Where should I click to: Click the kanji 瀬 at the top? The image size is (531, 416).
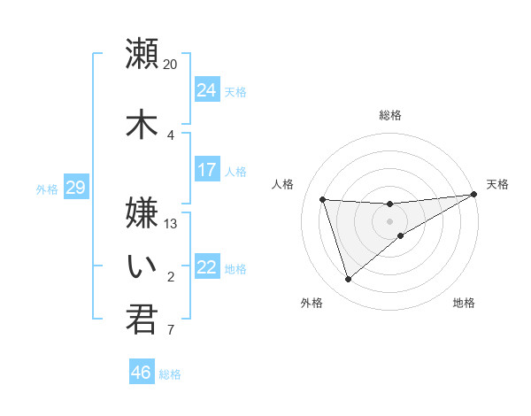[142, 53]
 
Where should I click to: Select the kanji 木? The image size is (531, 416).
[142, 124]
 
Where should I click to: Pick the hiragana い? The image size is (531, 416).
[142, 266]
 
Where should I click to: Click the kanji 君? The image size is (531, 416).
[142, 319]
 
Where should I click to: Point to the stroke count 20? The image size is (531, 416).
[171, 65]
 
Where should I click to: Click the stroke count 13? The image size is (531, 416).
[171, 223]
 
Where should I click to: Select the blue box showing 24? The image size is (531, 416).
[207, 90]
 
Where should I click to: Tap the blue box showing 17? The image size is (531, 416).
[207, 170]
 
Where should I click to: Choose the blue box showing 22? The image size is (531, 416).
[207, 267]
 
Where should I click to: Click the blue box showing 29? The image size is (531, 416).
[75, 188]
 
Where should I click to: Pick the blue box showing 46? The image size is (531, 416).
[142, 373]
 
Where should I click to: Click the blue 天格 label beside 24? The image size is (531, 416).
[235, 91]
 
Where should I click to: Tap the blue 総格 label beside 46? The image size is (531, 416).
[170, 374]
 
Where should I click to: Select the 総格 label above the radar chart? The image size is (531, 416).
[390, 115]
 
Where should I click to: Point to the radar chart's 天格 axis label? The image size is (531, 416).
[497, 184]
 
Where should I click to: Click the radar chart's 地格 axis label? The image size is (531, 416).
[464, 303]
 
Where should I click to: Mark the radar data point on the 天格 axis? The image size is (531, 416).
[474, 194]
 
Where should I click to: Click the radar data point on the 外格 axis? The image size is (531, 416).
[348, 280]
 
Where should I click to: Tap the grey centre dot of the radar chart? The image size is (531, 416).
[390, 221]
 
